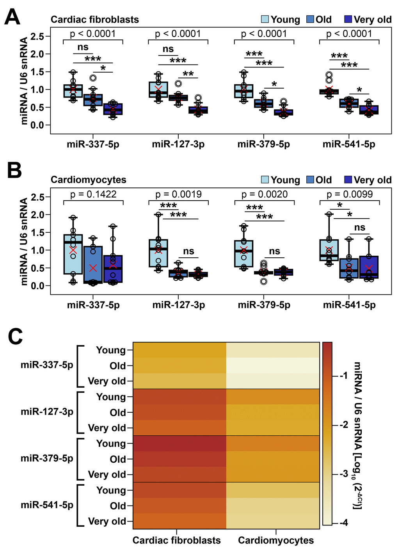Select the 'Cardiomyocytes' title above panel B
pos(89,180)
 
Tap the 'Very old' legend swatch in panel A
pos(348,19)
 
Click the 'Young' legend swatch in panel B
pos(265,180)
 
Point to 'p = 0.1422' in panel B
pos(93,194)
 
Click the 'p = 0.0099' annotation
pos(350,194)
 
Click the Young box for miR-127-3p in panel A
pos(158,89)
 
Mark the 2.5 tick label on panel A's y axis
pos(37,36)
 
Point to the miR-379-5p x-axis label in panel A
pos(264,144)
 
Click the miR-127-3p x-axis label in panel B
pos(179,305)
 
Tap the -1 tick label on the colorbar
pos(343,375)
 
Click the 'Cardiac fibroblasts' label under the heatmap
pos(176,540)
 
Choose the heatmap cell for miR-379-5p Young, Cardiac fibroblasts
pos(179,443)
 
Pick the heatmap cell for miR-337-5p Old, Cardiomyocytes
pos(273,365)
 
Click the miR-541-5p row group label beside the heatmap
pos(47,505)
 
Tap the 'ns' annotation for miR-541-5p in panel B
pos(360,227)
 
